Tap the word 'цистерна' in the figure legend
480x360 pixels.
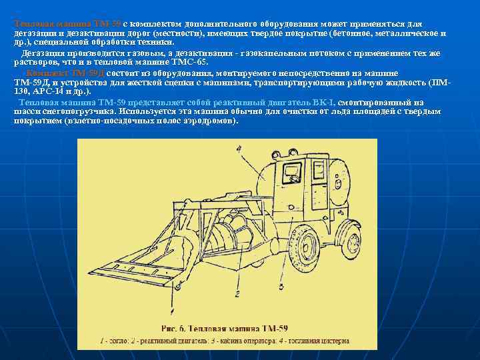[334, 341]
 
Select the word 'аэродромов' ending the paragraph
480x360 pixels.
[206, 121]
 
